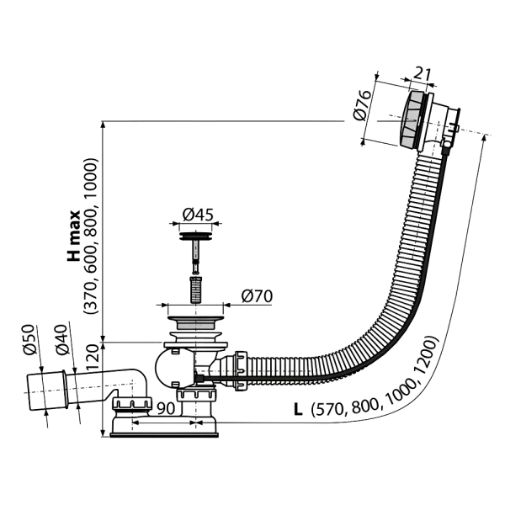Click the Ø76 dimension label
point(362,105)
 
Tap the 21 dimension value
point(422,74)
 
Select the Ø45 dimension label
point(198,215)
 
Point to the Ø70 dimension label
point(257,296)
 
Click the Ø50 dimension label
point(29,340)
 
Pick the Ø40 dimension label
point(61,340)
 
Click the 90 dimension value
point(166,408)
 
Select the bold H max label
point(73,237)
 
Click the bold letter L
point(298,410)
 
